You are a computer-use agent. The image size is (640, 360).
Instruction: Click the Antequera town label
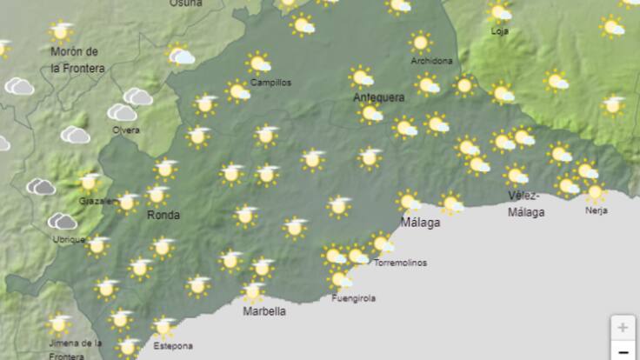(378, 97)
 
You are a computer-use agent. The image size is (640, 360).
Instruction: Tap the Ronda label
(163, 215)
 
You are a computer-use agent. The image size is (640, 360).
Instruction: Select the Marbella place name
(264, 310)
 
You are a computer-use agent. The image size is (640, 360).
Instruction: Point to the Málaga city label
(420, 223)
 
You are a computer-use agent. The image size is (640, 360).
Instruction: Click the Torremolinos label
(400, 263)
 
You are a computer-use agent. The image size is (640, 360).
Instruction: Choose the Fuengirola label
(354, 298)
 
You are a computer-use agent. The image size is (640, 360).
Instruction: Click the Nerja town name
(596, 210)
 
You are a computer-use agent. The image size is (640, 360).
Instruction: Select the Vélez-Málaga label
(527, 203)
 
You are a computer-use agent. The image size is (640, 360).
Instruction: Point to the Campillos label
(270, 83)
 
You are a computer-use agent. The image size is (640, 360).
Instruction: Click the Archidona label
(431, 61)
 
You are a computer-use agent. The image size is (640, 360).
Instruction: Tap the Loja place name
(499, 31)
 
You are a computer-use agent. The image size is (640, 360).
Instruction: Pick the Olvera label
(125, 130)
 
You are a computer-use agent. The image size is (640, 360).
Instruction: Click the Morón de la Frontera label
(77, 59)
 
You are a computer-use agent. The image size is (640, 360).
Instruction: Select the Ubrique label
(68, 239)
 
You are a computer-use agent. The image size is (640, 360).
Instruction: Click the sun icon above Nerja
(595, 191)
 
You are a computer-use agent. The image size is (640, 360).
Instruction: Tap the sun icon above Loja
(499, 12)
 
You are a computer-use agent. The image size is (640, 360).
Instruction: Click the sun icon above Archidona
(421, 42)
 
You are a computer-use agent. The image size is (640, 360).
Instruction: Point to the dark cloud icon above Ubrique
(62, 222)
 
